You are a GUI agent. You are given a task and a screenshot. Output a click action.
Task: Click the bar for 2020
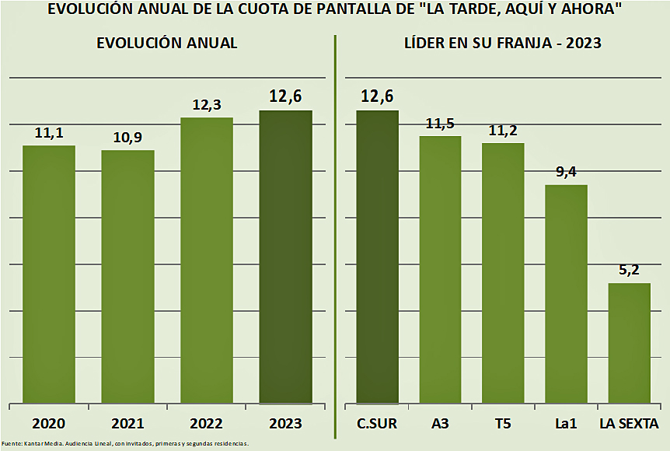[x=48, y=274]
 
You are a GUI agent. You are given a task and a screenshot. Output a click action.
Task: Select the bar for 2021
[x=127, y=276]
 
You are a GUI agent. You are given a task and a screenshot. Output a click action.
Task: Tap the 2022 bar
[x=207, y=260]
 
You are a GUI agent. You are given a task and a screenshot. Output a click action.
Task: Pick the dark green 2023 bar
[x=285, y=257]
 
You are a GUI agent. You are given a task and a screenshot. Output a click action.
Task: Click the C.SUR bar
[x=377, y=257]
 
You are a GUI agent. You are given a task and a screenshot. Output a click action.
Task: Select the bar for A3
[x=440, y=269]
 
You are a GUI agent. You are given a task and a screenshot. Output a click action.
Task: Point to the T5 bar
[x=503, y=273]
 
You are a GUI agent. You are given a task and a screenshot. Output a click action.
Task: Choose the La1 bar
[x=566, y=294]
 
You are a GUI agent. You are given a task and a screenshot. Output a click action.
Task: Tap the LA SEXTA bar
[x=629, y=343]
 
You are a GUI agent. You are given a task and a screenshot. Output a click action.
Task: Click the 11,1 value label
[x=49, y=133]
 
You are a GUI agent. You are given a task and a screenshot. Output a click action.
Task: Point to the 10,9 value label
[x=128, y=138]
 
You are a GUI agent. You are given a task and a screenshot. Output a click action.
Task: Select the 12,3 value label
[x=207, y=104]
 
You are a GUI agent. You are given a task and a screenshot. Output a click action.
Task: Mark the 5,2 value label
[x=630, y=271]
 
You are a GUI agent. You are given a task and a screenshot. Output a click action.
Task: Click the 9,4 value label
[x=567, y=173]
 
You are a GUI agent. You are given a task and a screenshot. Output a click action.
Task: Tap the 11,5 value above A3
[x=441, y=124]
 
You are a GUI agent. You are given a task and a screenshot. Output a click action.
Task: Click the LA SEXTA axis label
[x=629, y=424]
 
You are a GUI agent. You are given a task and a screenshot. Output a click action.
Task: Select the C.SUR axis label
[x=377, y=424]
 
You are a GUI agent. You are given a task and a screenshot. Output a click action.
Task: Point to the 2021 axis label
[x=127, y=424]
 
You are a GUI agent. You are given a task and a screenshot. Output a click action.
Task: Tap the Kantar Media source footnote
[x=124, y=443]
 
